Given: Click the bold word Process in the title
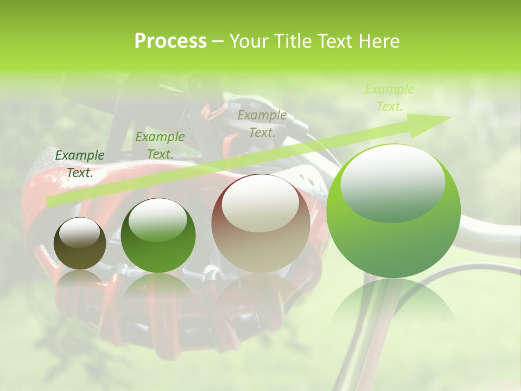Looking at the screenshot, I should [x=170, y=41].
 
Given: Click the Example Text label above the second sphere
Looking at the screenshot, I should [x=160, y=146].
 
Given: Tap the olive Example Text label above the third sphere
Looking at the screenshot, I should [x=262, y=123].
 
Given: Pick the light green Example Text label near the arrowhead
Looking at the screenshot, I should [x=390, y=98].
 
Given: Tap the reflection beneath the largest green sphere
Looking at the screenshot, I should [x=393, y=304].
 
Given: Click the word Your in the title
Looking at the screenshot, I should [x=247, y=41].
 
